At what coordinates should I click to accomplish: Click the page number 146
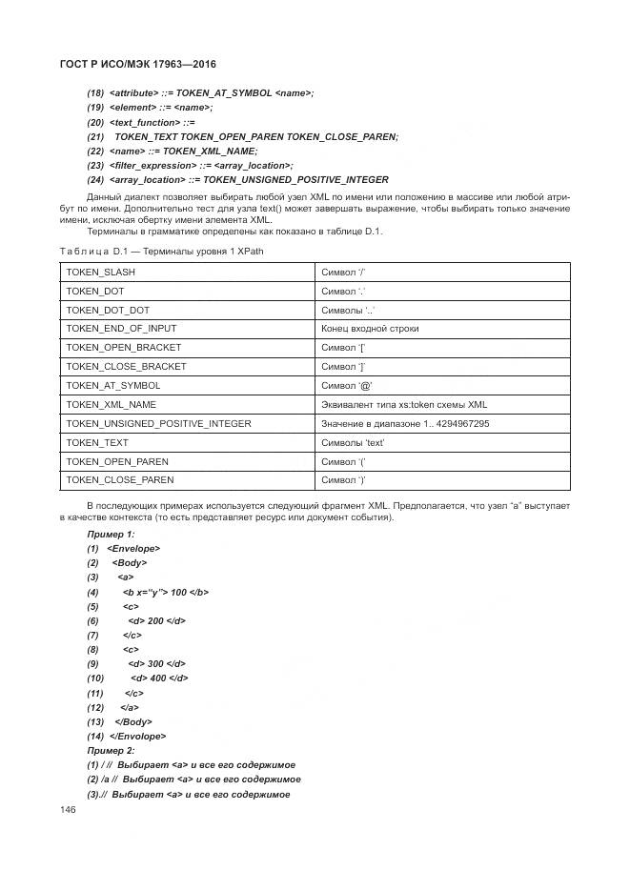(x=68, y=810)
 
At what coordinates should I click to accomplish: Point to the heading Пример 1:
(x=111, y=534)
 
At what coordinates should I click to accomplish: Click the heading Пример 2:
(x=111, y=750)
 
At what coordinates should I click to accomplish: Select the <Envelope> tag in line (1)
(x=133, y=548)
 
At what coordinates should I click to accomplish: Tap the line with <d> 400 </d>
(x=159, y=678)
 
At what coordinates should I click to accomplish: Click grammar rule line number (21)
(x=95, y=136)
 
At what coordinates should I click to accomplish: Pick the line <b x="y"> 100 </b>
(x=165, y=592)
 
